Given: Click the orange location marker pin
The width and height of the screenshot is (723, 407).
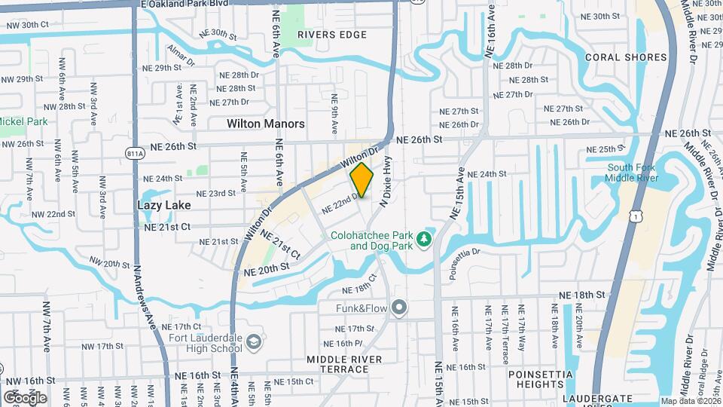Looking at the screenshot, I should pyautogui.click(x=361, y=180).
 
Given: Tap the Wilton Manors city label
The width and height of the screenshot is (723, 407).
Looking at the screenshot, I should pyautogui.click(x=266, y=123).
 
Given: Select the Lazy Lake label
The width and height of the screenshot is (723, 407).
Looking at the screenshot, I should pyautogui.click(x=164, y=204).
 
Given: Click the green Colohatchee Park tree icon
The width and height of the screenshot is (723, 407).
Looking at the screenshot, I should pyautogui.click(x=425, y=239).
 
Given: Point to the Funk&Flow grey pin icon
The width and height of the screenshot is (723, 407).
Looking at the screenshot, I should pyautogui.click(x=400, y=308).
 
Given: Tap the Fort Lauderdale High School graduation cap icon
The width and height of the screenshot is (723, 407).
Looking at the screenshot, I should pyautogui.click(x=255, y=342).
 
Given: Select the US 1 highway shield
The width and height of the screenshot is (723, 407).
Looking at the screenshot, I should pyautogui.click(x=637, y=216).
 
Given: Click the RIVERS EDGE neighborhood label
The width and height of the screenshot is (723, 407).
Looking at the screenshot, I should pyautogui.click(x=332, y=35).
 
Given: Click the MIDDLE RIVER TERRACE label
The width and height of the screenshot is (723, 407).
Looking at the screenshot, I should pyautogui.click(x=345, y=365).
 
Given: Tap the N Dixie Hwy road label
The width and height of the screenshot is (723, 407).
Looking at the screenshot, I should pyautogui.click(x=386, y=182).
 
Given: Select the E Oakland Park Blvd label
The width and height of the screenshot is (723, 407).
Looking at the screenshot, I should pyautogui.click(x=185, y=4).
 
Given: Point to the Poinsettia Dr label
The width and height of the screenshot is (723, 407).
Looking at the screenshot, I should pyautogui.click(x=469, y=259).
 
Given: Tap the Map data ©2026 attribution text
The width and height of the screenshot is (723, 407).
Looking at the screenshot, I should pyautogui.click(x=691, y=401).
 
